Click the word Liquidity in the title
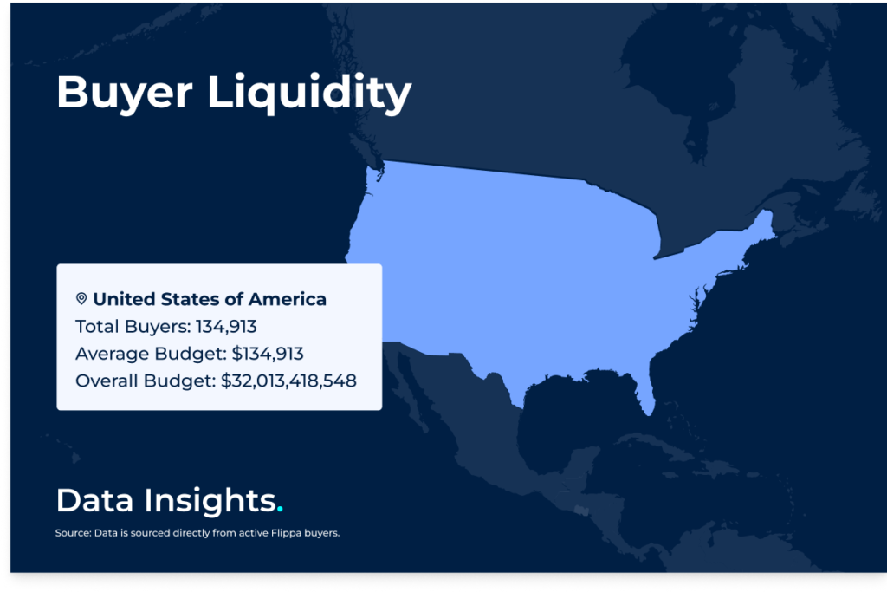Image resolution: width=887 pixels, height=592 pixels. coord(309,94)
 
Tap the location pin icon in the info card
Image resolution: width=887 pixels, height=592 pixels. coord(81,299)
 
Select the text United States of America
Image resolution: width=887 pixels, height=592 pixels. coord(210,299)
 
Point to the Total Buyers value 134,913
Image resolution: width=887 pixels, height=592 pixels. coord(226,327)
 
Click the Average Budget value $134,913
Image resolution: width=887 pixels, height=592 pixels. coord(268,354)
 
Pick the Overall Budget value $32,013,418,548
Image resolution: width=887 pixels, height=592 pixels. coord(288,381)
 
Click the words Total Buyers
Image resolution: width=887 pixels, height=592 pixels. coord(133,327)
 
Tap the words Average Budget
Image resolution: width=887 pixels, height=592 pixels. coord(151,355)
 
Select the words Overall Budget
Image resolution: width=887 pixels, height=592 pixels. coord(145,381)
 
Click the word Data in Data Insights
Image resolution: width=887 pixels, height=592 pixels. coord(94,500)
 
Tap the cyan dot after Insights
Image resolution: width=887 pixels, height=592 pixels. coord(280,510)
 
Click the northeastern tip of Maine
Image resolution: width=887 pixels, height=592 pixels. coord(768,211)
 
